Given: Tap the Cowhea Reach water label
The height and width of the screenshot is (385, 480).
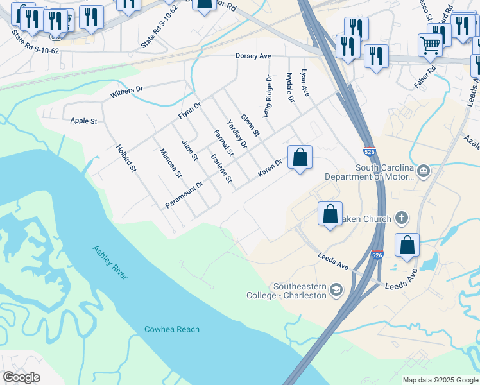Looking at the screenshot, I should tap(171, 329).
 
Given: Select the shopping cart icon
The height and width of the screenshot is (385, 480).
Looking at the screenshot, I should tap(430, 45).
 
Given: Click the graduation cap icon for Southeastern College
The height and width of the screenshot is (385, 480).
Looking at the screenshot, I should tap(336, 291).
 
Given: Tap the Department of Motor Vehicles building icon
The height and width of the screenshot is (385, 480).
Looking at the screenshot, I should tap(424, 171).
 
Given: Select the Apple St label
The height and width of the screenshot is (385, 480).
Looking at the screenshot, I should tap(83, 121).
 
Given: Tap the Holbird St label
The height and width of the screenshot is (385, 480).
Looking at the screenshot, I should tap(126, 158).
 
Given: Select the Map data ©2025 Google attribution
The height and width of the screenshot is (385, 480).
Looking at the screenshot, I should tap(440, 380).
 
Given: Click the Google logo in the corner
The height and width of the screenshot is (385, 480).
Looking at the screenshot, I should tap(21, 377).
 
